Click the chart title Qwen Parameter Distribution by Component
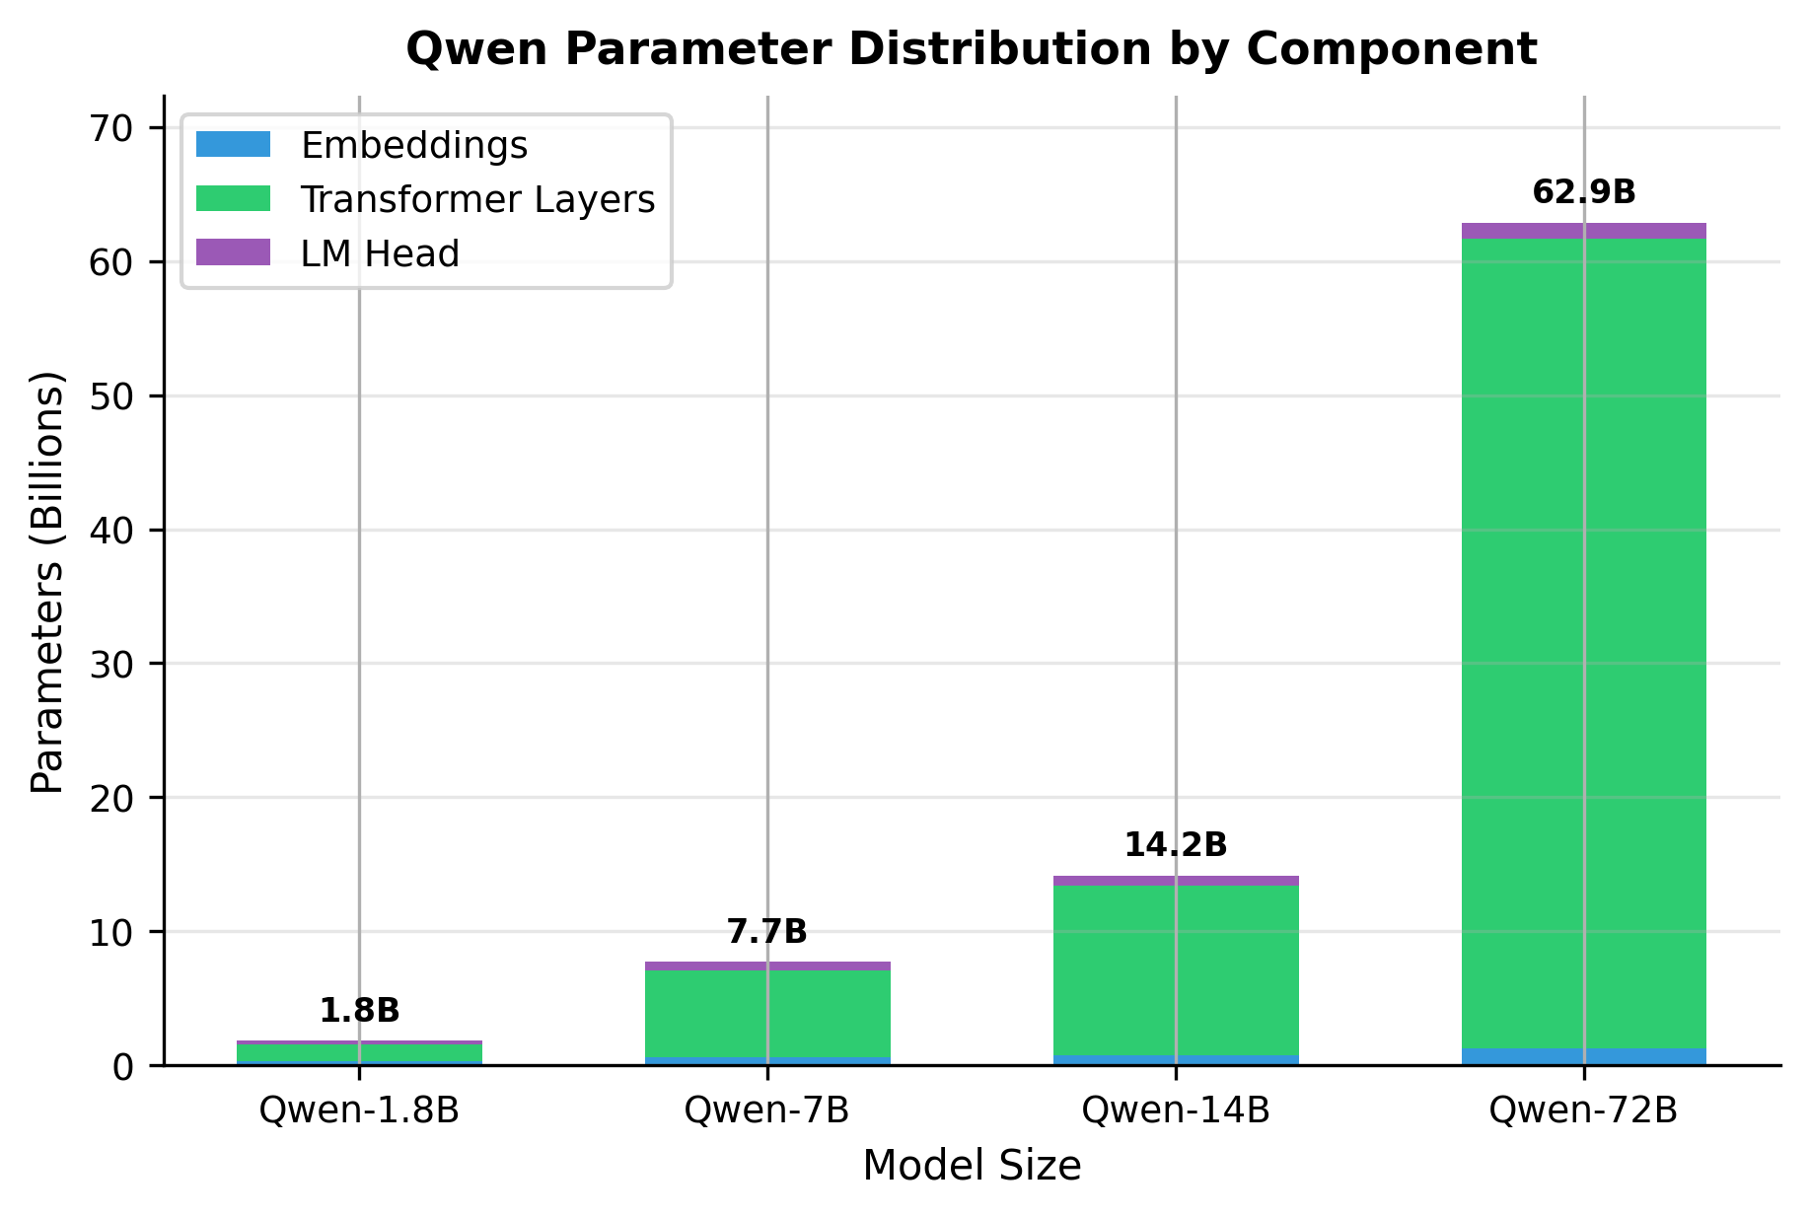971,49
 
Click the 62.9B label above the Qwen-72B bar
1583,192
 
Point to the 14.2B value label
1175,845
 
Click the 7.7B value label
766,931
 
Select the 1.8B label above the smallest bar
359,1011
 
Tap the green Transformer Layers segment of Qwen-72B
1583,641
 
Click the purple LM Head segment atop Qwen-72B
1583,231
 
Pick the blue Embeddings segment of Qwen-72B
1583,1056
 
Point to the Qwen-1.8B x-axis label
359,1110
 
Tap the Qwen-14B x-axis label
1175,1110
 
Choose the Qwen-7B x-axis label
766,1110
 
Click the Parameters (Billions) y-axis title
47,582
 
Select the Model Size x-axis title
971,1167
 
